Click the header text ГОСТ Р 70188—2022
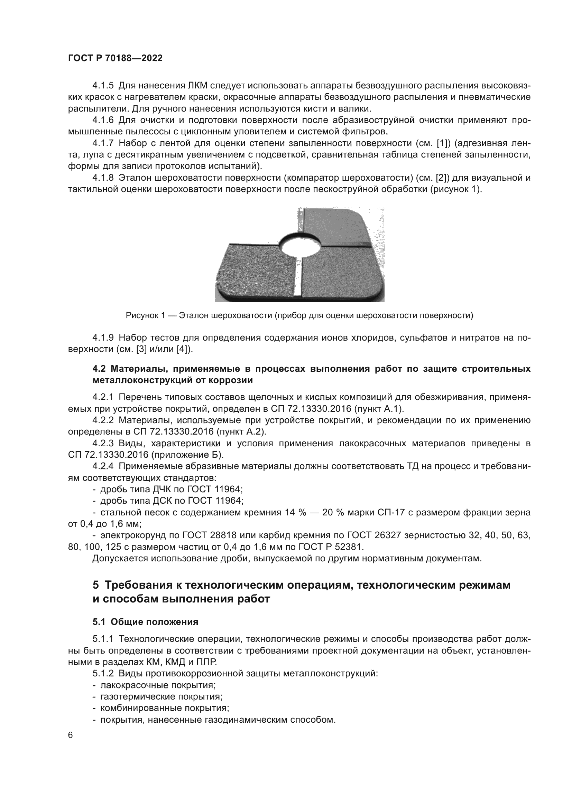click(x=115, y=58)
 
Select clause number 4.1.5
click(x=103, y=86)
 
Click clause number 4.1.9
click(x=103, y=338)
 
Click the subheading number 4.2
click(x=99, y=369)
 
